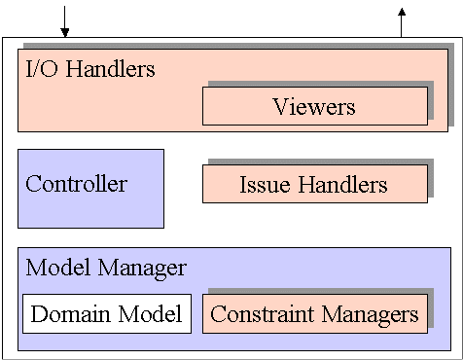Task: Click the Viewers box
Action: [x=314, y=106]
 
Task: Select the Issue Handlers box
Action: [x=314, y=184]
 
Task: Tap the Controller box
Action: [x=90, y=188]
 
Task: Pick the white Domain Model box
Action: [x=106, y=313]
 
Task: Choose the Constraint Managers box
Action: [x=314, y=313]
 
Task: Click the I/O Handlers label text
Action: [x=90, y=69]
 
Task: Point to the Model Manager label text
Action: [x=106, y=267]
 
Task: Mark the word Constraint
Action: [x=258, y=313]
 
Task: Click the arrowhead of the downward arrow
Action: [x=65, y=33]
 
